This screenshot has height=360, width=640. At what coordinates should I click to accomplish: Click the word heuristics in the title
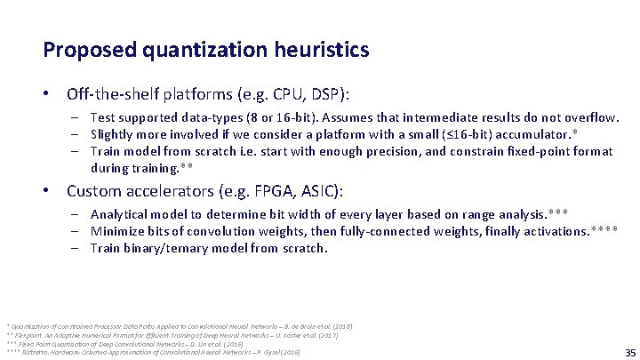click(x=320, y=50)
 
